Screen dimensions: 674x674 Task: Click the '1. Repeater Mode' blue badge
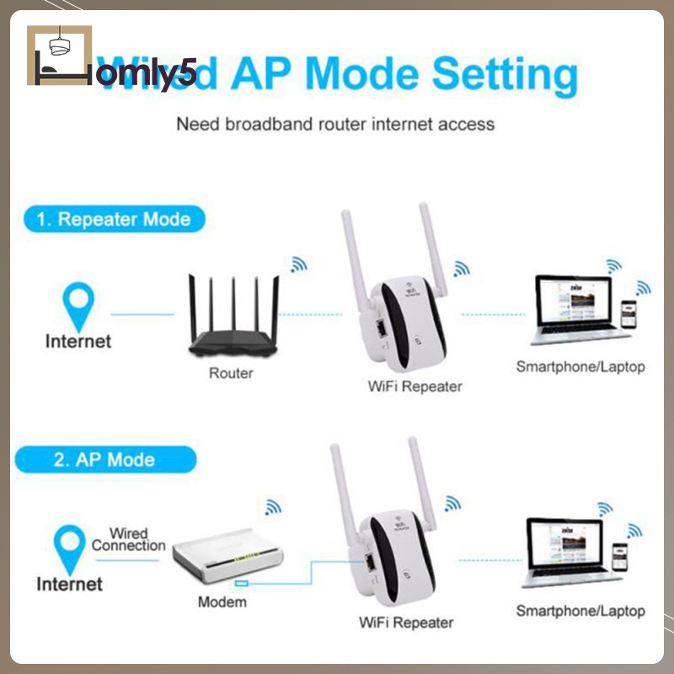pos(114,220)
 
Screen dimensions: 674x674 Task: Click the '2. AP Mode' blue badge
pos(104,460)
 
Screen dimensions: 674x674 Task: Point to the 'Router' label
pos(230,372)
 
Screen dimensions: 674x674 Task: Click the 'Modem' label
pos(222,602)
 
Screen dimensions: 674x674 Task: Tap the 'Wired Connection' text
pos(128,539)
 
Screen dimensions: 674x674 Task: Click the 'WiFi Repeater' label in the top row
pos(415,387)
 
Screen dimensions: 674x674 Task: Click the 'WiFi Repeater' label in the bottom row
pos(406,623)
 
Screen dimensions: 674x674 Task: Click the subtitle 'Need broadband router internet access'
pos(335,124)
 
